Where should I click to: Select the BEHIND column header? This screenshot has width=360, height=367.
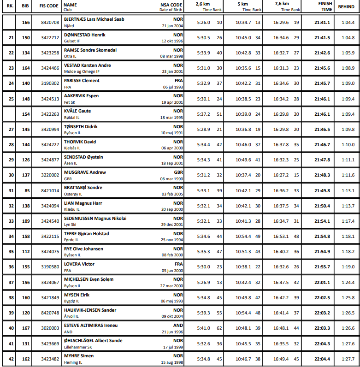tap(346, 6)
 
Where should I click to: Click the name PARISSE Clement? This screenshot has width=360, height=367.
tap(82, 81)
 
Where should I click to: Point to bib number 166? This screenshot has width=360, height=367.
tap(26, 22)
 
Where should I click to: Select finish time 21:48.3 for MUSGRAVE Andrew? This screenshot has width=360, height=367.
tap(322, 175)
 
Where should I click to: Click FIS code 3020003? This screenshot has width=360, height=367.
tap(50, 328)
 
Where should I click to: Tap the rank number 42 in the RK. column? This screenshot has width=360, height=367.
tap(11, 359)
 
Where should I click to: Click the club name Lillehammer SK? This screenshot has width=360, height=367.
tap(78, 347)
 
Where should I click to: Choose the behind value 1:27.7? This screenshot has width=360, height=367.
tap(348, 359)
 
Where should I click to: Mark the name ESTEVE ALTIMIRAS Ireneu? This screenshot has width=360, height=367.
tap(90, 325)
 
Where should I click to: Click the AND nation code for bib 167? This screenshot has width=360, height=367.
tap(178, 325)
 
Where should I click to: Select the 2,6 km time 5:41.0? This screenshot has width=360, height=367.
tap(203, 328)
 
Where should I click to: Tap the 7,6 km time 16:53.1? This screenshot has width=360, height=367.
tap(281, 237)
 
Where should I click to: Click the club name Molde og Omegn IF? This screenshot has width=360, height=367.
tap(82, 71)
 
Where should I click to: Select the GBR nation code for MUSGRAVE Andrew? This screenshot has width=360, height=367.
tap(178, 172)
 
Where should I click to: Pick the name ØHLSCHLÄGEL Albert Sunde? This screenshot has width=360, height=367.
tap(93, 340)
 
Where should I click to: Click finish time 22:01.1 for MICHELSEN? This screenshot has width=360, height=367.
tap(322, 282)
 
